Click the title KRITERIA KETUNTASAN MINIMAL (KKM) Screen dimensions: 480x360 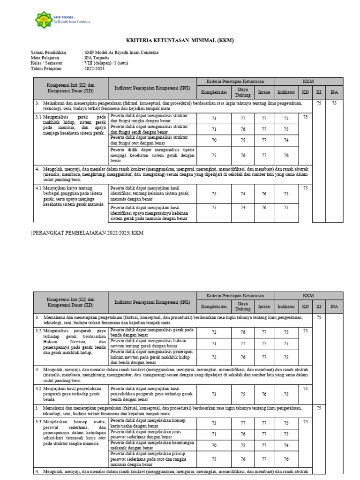[180, 41]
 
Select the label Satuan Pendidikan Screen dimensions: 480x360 [48, 52]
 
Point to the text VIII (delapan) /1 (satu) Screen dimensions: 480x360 [105, 63]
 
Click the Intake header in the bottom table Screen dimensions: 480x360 [264, 307]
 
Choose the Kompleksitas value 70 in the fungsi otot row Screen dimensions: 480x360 [214, 140]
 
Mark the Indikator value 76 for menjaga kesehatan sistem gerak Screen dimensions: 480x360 [286, 155]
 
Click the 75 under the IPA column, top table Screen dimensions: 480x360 [334, 103]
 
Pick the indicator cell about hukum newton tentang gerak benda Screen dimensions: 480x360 [152, 343]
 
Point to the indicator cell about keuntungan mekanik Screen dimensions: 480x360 [152, 445]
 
